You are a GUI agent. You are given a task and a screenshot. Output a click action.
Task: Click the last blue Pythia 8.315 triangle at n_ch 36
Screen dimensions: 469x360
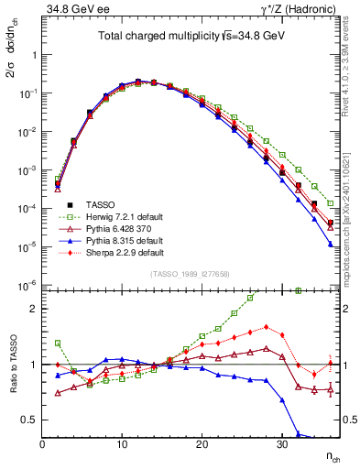click(x=330, y=244)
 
